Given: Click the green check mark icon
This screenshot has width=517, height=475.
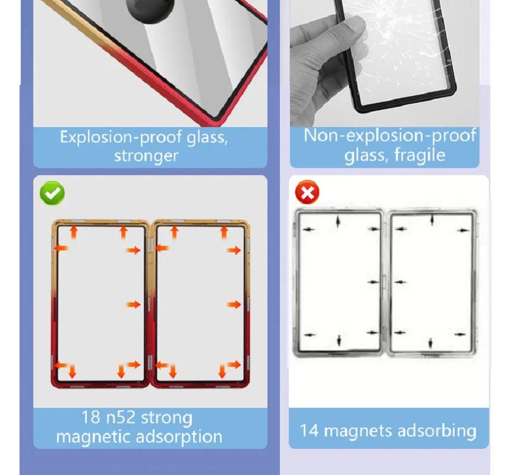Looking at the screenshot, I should [52, 194].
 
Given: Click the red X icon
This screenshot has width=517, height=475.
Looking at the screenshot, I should [308, 192].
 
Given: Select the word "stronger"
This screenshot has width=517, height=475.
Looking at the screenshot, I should [146, 156].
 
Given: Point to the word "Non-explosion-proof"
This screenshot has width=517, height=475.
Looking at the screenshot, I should [390, 136].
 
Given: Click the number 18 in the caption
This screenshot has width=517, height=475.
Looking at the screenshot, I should [91, 417].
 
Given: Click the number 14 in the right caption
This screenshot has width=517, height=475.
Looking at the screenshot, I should [310, 430].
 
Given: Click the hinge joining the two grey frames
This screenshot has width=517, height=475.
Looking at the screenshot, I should [385, 283].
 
